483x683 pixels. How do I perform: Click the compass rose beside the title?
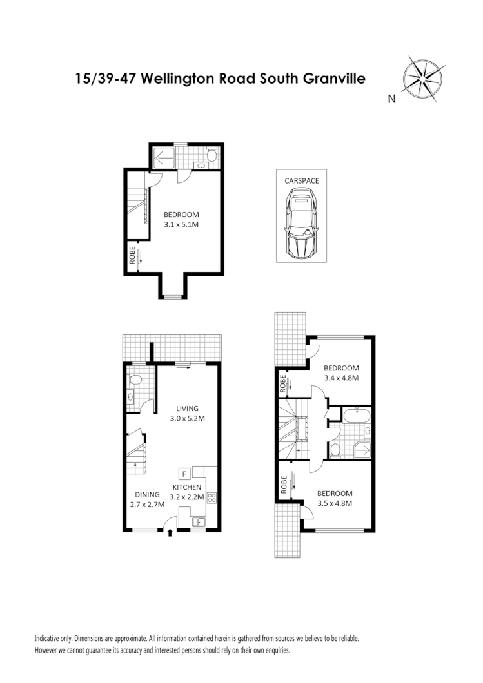tap(421, 79)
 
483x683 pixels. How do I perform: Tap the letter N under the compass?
tap(391, 99)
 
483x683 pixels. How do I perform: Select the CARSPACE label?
tap(302, 181)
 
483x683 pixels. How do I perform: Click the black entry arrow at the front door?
tap(170, 532)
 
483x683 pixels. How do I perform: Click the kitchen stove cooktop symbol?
tap(211, 497)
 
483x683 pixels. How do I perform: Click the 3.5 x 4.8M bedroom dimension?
tap(335, 503)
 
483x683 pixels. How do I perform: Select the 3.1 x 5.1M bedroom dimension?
tap(181, 225)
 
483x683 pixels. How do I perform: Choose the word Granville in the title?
tap(334, 79)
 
